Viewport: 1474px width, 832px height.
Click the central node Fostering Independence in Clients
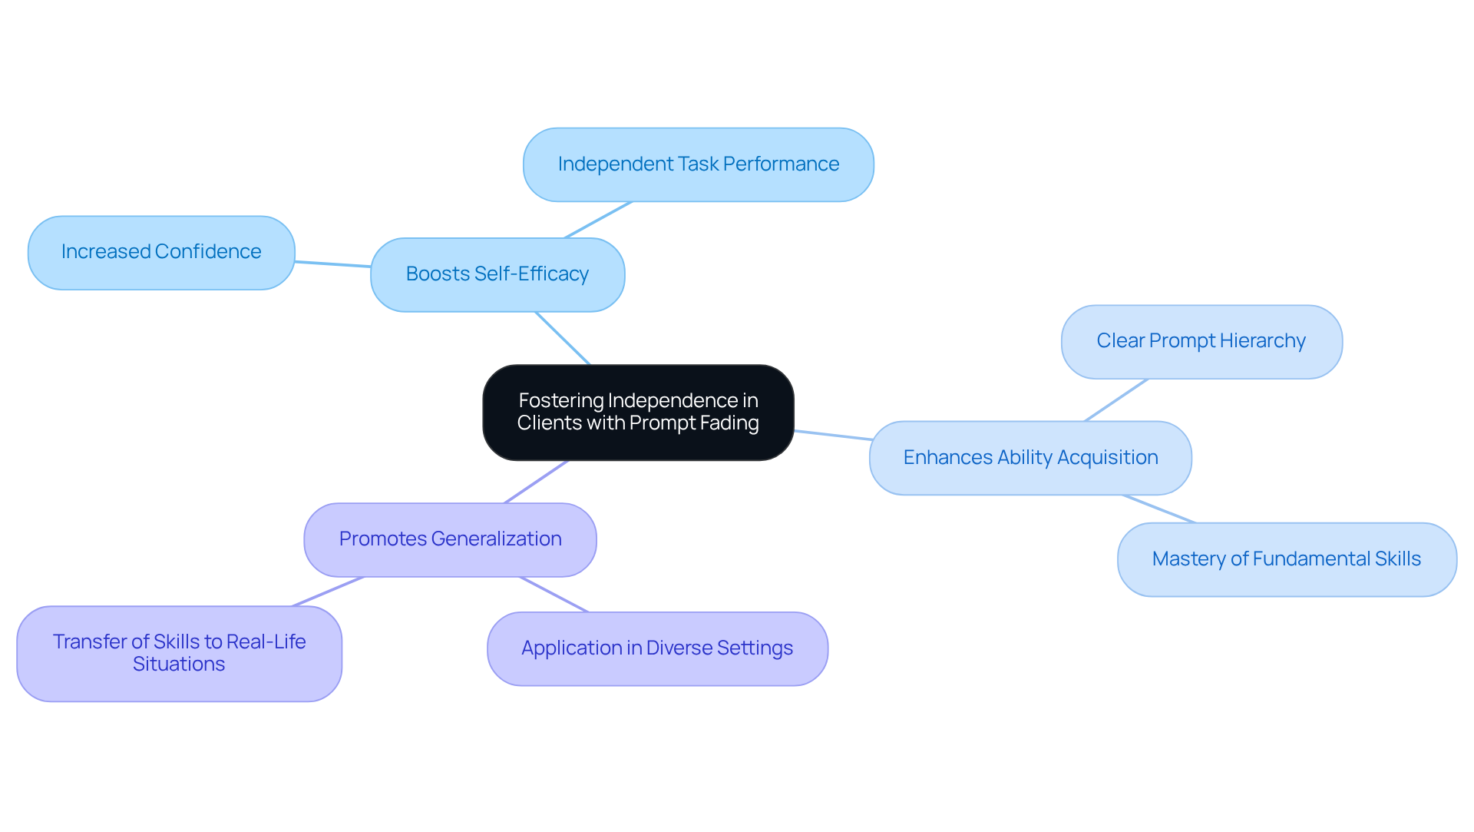(638, 413)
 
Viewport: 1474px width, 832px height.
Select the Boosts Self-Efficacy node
(497, 274)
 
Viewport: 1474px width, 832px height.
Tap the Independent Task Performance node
(698, 164)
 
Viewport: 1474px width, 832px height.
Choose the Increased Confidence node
(161, 252)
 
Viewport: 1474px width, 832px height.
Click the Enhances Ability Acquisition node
(1030, 458)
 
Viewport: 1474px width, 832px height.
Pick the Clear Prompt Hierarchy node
(1201, 342)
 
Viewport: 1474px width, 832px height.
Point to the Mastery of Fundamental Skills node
(1287, 559)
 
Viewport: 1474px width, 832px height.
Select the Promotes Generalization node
(450, 539)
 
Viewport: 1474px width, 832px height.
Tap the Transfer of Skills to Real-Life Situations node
(179, 653)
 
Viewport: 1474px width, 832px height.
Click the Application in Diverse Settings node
(657, 648)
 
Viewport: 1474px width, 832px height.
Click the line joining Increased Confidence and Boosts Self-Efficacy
(333, 264)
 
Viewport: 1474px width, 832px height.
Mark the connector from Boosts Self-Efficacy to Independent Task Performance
(598, 220)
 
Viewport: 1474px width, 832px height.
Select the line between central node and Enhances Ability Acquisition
(832, 436)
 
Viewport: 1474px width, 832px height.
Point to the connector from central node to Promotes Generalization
(537, 482)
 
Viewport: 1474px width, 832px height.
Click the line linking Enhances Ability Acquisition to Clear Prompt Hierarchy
(1116, 399)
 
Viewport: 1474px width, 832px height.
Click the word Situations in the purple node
(179, 665)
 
